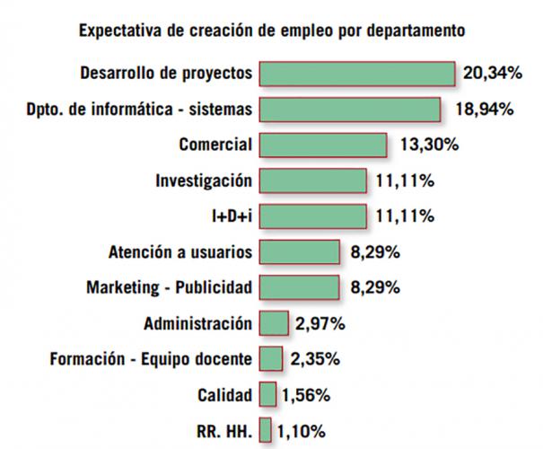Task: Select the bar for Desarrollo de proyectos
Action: click(357, 73)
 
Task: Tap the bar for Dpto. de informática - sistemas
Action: click(350, 109)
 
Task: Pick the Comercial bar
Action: click(323, 145)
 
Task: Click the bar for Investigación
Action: click(313, 180)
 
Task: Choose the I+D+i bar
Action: click(313, 216)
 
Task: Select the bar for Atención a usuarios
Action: click(300, 252)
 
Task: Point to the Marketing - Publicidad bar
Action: click(300, 287)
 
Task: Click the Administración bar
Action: click(274, 323)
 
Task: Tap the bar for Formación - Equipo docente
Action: click(271, 359)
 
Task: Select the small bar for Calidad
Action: click(267, 394)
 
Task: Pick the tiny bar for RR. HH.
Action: click(266, 429)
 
